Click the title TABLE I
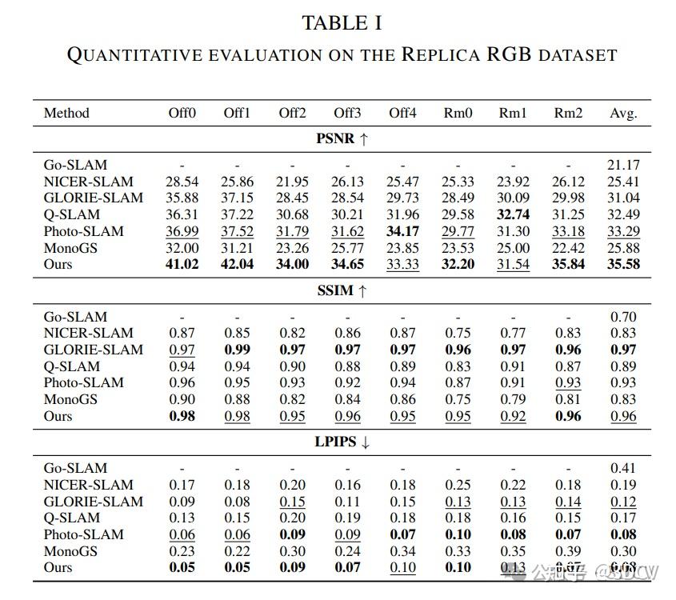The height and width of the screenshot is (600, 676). coord(342,23)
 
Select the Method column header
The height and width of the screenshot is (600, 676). coord(66,113)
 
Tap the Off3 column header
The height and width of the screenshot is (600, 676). coord(347,113)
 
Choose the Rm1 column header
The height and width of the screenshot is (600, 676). coord(513,113)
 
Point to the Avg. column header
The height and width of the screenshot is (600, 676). coord(623,113)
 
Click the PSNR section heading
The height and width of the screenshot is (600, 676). coord(342,138)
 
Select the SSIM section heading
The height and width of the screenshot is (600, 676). coord(342,290)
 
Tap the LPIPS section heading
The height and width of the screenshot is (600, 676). coord(342,442)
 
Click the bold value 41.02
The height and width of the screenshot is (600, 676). coord(182,264)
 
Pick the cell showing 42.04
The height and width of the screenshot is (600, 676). coord(238,264)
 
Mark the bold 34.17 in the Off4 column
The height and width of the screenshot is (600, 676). coord(403,231)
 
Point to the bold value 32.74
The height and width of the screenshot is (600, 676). coord(513,214)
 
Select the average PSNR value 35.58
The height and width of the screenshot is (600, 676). coord(623,264)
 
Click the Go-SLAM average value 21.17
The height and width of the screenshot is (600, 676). coord(623,166)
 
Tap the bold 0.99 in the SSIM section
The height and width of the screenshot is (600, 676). coord(238,350)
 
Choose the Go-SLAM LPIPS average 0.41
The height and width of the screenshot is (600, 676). coord(623,468)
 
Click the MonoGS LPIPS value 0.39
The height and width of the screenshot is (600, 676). coord(568,550)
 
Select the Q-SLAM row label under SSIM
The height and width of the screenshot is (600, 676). coord(72,366)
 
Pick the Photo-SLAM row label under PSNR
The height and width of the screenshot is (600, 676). coord(84,231)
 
